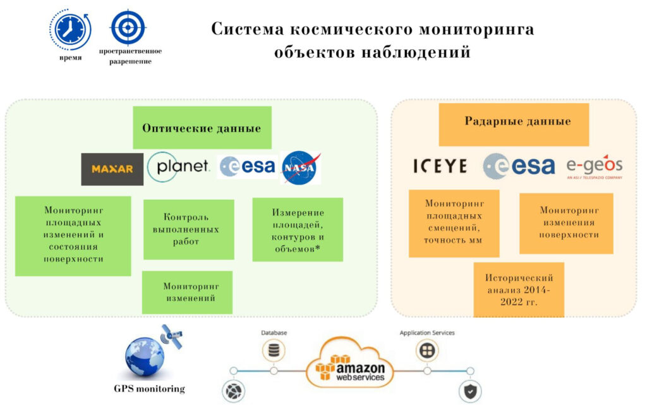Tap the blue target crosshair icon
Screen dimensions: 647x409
click(128, 27)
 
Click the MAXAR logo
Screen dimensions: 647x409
click(112, 169)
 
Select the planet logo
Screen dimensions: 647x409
click(179, 167)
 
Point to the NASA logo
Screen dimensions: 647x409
click(300, 168)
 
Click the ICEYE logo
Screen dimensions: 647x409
click(440, 166)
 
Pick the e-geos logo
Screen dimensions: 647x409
click(594, 167)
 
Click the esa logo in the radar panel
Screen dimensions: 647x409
click(519, 166)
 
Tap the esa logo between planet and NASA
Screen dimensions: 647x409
click(247, 167)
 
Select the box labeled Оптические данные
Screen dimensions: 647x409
click(202, 128)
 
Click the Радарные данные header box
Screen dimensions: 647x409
click(514, 125)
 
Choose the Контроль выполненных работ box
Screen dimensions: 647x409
click(188, 229)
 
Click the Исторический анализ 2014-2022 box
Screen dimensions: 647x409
click(519, 290)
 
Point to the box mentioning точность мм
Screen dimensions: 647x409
click(454, 223)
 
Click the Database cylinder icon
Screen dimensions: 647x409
click(274, 351)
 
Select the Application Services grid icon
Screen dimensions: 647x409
click(427, 351)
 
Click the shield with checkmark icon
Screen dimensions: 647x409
click(470, 391)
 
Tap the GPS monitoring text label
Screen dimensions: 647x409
click(149, 389)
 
